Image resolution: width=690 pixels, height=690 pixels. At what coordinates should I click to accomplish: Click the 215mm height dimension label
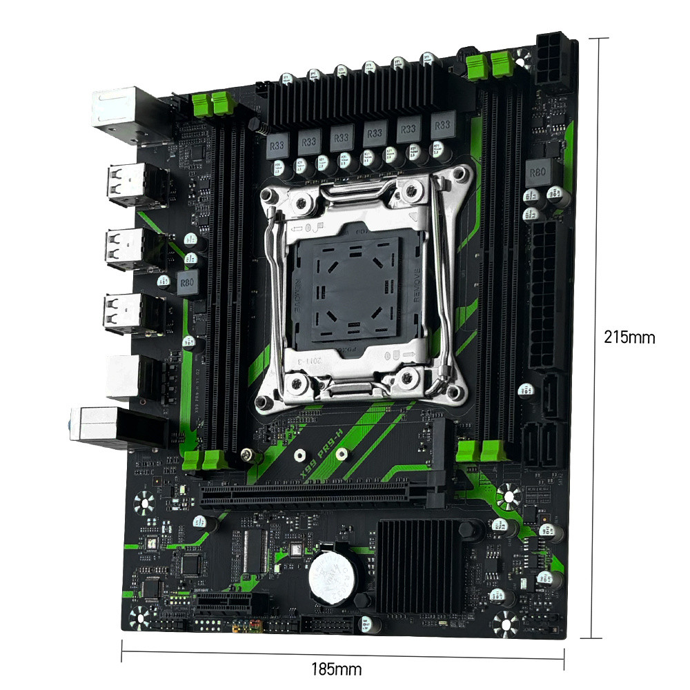coord(629,337)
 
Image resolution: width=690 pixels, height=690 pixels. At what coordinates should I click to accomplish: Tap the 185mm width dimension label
coord(336,669)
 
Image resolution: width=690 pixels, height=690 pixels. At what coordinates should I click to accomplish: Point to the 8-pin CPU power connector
coord(555,61)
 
